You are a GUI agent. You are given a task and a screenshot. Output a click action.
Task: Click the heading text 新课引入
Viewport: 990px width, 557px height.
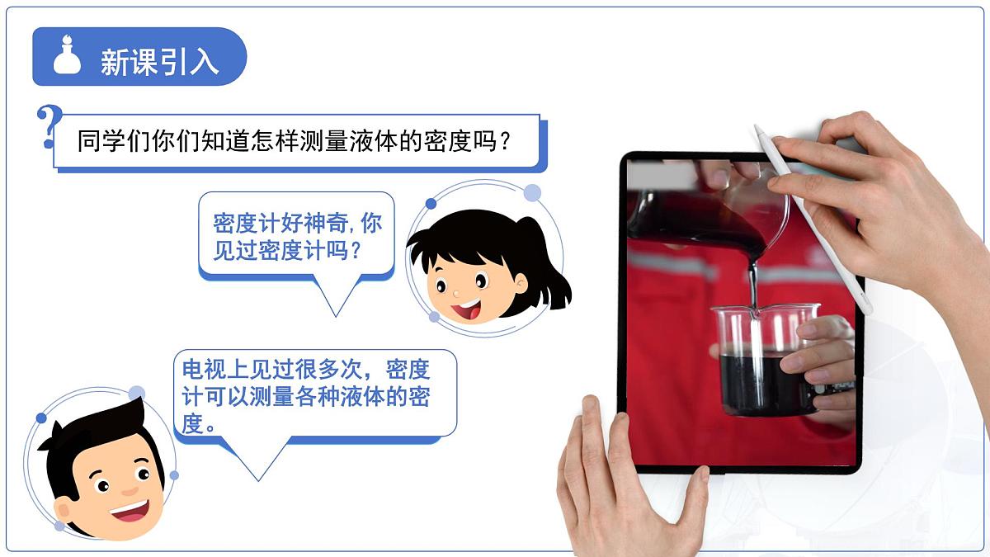point(159,62)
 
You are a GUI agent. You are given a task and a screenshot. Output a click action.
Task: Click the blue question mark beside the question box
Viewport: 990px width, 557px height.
point(49,128)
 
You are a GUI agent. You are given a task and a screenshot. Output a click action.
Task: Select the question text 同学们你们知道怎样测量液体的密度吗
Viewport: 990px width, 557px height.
point(293,141)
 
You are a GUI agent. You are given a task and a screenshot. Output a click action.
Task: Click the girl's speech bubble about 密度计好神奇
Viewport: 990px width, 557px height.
point(297,236)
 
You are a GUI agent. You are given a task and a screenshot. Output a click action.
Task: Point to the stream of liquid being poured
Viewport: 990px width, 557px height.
point(752,281)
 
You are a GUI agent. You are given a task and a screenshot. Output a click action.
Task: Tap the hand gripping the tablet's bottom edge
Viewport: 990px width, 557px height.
point(627,487)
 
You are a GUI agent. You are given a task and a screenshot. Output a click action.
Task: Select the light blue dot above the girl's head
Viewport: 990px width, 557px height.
point(533,193)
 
